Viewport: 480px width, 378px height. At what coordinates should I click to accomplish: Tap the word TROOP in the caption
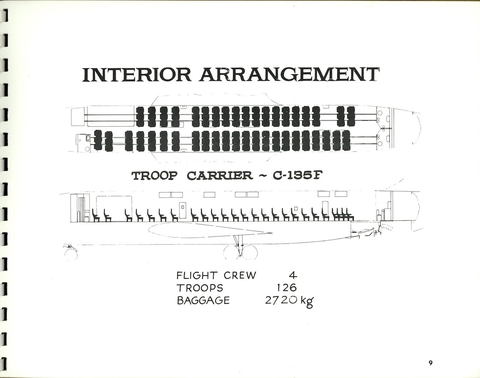[154, 175]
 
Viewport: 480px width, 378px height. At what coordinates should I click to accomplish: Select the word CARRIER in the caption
[220, 175]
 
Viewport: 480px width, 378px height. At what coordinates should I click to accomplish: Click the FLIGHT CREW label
[216, 275]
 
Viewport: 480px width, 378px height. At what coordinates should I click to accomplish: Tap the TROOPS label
[200, 288]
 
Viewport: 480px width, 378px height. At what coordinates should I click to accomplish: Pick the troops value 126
[287, 288]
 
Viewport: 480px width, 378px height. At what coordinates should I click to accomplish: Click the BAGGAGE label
[203, 300]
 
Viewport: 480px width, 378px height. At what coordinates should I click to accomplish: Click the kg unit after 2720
[307, 301]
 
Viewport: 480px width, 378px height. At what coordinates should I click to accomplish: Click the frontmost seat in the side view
[96, 216]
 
